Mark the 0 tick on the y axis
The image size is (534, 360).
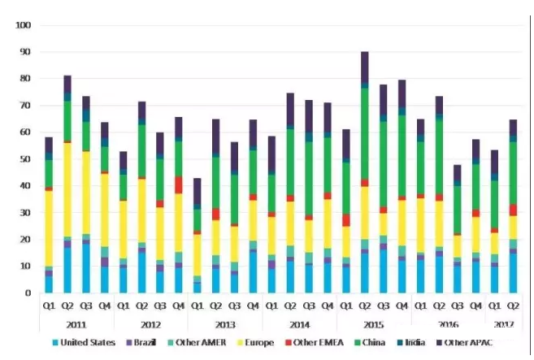tap(27, 293)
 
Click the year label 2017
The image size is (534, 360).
tap(504, 323)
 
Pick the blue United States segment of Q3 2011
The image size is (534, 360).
tap(85, 267)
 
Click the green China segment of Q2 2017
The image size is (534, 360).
tap(513, 171)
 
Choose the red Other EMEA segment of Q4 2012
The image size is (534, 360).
tap(179, 184)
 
